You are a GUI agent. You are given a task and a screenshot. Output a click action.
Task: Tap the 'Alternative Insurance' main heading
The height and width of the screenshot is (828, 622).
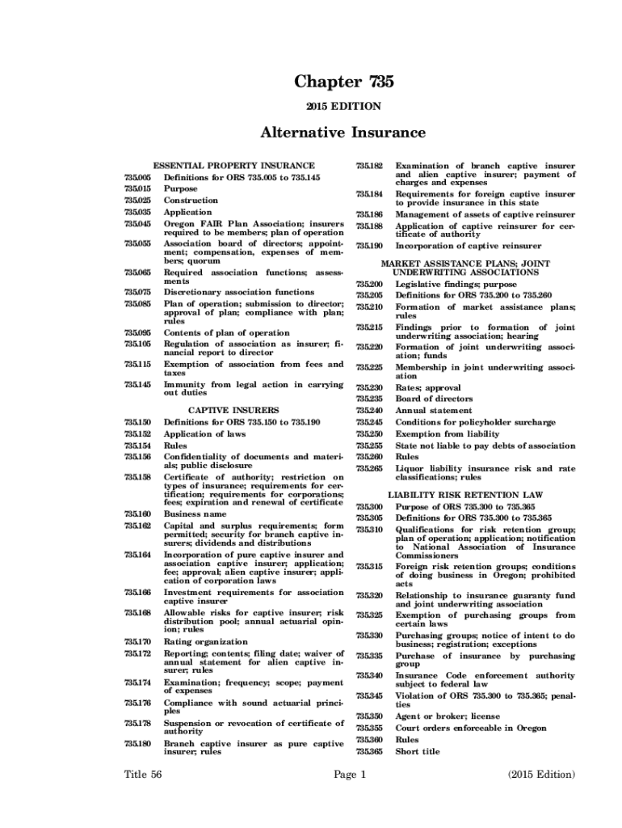coord(343,133)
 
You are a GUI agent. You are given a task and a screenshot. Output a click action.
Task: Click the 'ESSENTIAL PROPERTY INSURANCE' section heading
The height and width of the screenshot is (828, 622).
coord(234,165)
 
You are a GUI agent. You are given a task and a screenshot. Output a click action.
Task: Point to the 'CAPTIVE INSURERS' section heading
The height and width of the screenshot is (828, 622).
coord(233,410)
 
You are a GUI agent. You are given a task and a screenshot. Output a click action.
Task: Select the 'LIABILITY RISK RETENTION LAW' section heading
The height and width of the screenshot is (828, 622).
coord(465,494)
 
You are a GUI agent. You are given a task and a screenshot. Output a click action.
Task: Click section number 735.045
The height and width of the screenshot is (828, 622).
coord(137,224)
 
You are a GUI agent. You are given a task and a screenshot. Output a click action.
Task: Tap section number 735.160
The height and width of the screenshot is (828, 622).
coord(137,513)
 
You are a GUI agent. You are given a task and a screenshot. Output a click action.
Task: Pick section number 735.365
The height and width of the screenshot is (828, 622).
coord(369,751)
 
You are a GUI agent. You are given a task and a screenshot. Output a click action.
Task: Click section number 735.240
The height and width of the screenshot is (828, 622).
coord(369,410)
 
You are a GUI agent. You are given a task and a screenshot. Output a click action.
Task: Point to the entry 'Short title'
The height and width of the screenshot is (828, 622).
coord(418,751)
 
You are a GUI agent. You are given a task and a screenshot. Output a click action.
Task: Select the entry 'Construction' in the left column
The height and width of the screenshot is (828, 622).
coord(191,200)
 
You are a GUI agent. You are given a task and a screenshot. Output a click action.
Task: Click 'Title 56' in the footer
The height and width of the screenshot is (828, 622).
coord(143,775)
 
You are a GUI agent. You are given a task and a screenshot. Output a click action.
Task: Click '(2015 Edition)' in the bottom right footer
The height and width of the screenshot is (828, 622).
coord(541,775)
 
